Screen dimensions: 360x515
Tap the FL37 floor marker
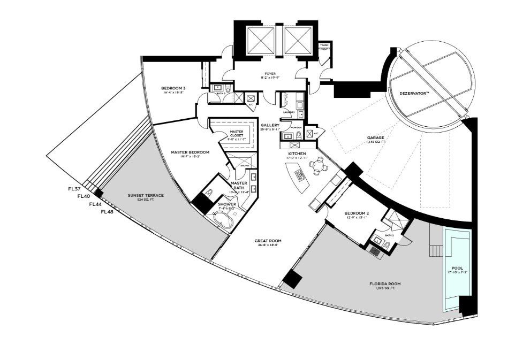click(74, 189)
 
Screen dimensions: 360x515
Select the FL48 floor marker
click(107, 212)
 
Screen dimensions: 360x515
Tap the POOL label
click(457, 268)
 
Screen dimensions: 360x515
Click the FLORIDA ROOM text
click(384, 284)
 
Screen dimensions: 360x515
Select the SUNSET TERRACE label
click(146, 195)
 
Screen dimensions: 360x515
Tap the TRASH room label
click(324, 45)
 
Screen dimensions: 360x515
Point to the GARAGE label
click(375, 138)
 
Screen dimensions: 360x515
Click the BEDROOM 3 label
click(173, 88)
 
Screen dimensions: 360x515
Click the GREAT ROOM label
click(267, 241)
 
